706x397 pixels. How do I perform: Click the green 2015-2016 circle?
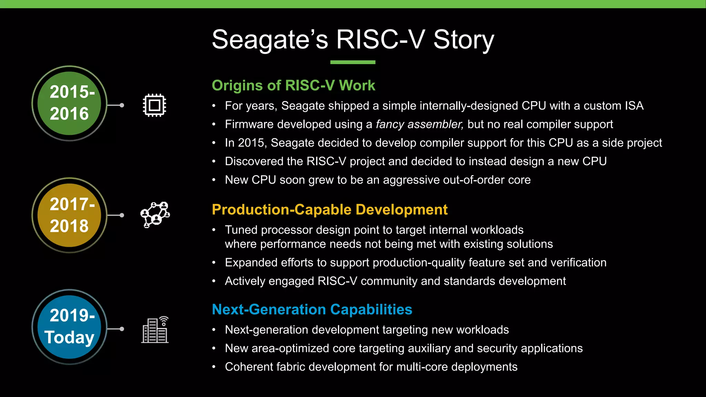click(x=69, y=103)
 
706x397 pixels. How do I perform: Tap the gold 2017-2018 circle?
click(x=69, y=215)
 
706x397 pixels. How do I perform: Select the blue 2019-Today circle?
click(x=69, y=327)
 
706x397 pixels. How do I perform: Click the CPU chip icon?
click(x=154, y=105)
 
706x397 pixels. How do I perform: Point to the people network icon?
click(x=155, y=215)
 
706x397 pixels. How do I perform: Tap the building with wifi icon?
click(x=155, y=330)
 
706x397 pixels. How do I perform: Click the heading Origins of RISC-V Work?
click(x=293, y=85)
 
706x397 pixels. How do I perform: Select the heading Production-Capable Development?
click(x=330, y=210)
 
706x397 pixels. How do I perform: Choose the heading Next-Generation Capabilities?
click(x=312, y=309)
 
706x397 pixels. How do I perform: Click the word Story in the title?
click(x=463, y=40)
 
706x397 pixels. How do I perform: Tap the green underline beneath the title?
click(x=353, y=62)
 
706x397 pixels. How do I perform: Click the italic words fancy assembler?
click(x=420, y=124)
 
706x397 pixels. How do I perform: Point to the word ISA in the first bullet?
click(x=634, y=106)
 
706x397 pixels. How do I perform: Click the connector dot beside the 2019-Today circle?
click(x=122, y=329)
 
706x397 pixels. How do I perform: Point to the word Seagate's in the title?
click(x=270, y=40)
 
